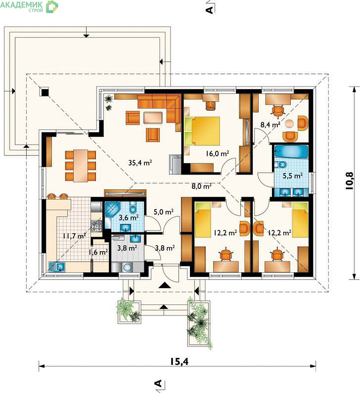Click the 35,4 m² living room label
pyautogui.click(x=140, y=163)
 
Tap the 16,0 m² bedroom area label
pyautogui.click(x=218, y=153)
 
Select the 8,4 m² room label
pyautogui.click(x=270, y=124)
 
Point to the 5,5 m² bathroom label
pyautogui.click(x=293, y=175)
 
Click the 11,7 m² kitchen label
pyautogui.click(x=74, y=236)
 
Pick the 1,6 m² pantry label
pyautogui.click(x=98, y=252)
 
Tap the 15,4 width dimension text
pyautogui.click(x=179, y=361)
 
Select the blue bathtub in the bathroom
pyautogui.click(x=291, y=152)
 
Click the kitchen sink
pyautogui.click(x=57, y=266)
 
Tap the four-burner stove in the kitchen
pyautogui.click(x=96, y=226)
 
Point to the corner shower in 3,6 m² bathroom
pyautogui.click(x=113, y=210)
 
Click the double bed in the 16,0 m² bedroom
pyautogui.click(x=202, y=131)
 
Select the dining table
pyautogui.click(x=81, y=166)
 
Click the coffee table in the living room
pyautogui.click(x=153, y=118)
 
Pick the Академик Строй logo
pyautogui.click(x=29, y=6)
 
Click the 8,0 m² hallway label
pyautogui.click(x=202, y=186)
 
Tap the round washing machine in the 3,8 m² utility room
pyautogui.click(x=128, y=267)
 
